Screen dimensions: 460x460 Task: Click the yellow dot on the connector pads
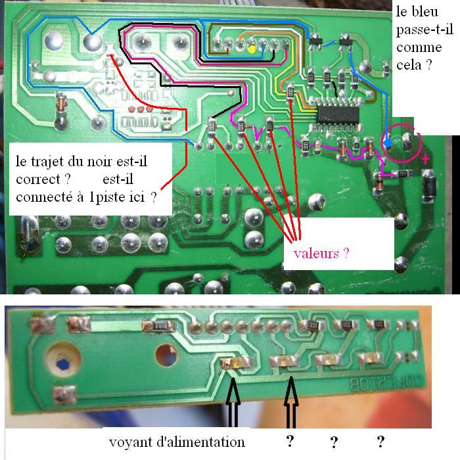click(252, 49)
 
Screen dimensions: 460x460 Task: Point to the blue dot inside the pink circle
click(388, 142)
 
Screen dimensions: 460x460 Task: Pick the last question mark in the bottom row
click(380, 440)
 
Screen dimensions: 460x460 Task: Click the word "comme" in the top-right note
click(417, 47)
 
